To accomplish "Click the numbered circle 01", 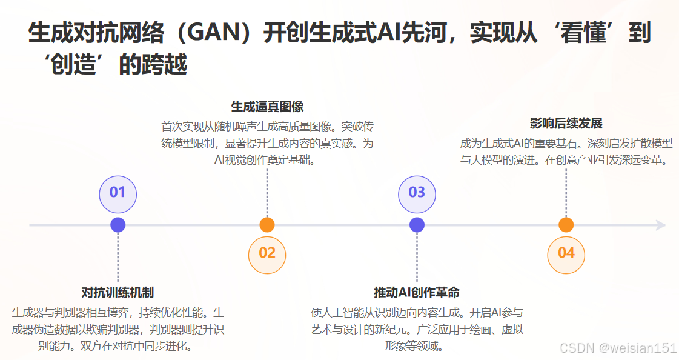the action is [118, 193].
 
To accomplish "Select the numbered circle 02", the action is [267, 254].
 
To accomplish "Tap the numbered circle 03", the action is [417, 193].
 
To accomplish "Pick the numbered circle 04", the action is [566, 254].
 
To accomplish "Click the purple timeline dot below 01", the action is [118, 225].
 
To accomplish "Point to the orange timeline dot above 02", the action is [267, 225].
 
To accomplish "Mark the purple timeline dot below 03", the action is [417, 225].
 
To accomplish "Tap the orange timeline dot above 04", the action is [566, 225].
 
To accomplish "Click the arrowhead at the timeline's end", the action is [661, 225].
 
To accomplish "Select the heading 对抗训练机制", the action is [118, 293].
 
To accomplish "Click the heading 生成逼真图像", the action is [267, 107].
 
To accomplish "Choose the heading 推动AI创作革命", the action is [417, 293].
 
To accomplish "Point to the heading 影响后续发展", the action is [566, 124].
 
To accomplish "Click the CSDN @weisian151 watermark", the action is [618, 348].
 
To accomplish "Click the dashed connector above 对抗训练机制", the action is [118, 258].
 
